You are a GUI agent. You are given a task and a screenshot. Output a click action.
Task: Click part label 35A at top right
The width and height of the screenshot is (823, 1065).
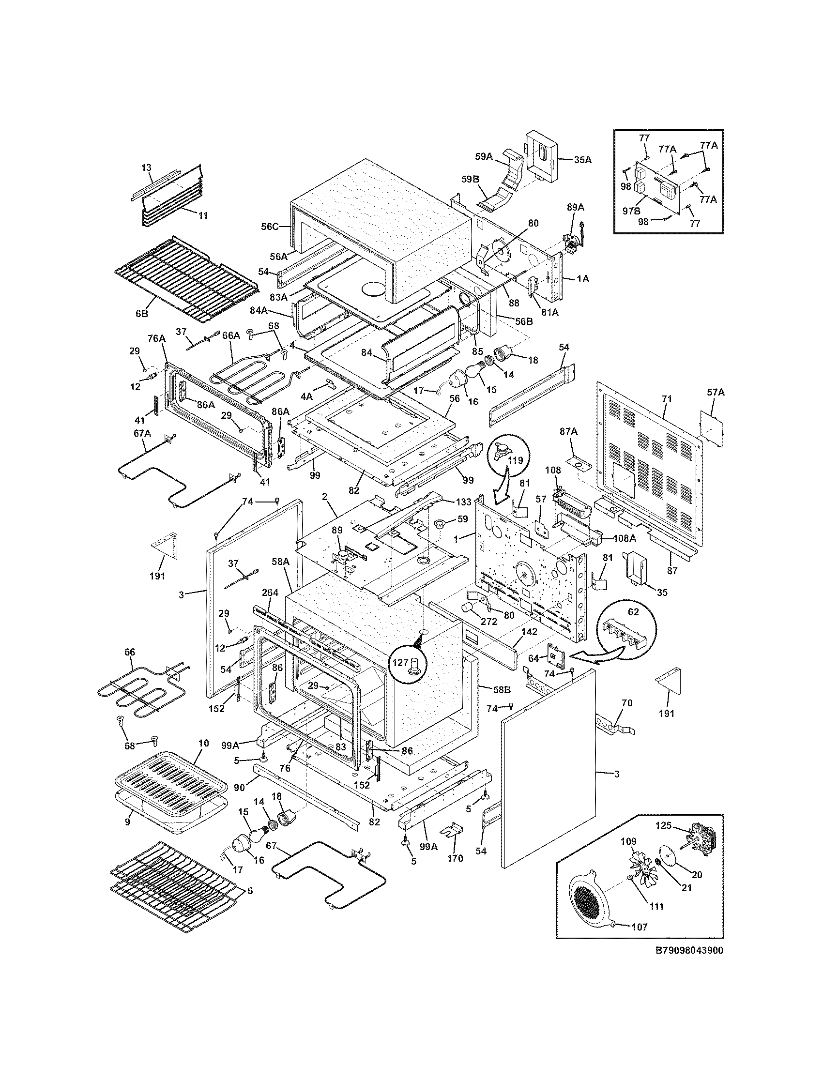pyautogui.click(x=582, y=159)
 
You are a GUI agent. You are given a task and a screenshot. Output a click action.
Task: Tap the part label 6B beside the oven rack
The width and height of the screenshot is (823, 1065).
pyautogui.click(x=142, y=314)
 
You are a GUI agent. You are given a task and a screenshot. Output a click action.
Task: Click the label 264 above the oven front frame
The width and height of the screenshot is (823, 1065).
pyautogui.click(x=270, y=593)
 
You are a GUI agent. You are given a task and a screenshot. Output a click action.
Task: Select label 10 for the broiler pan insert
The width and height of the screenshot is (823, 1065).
pyautogui.click(x=204, y=743)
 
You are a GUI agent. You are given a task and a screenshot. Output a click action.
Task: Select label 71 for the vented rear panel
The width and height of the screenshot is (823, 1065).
pyautogui.click(x=667, y=399)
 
